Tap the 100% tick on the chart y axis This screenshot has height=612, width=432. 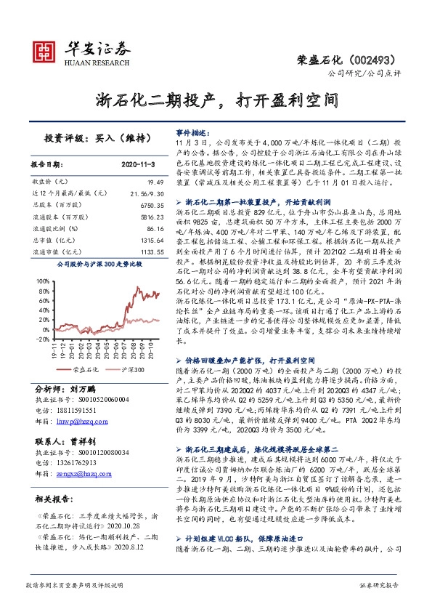(41, 279)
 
